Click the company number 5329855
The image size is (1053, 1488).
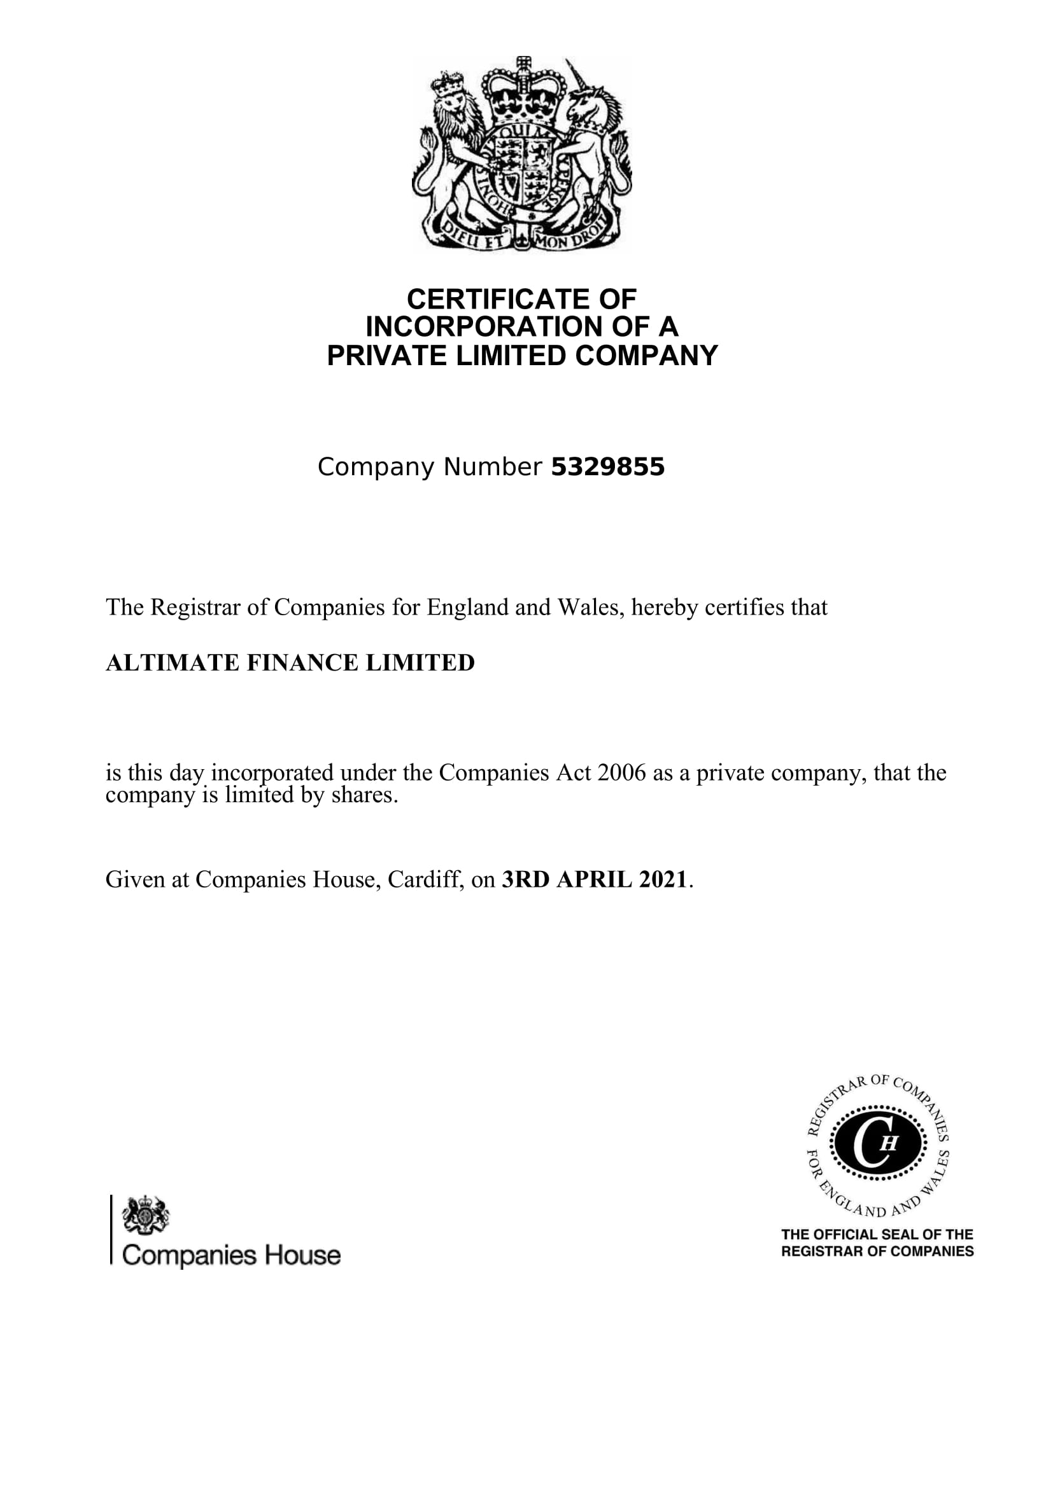click(607, 468)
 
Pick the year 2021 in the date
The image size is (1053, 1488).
click(662, 879)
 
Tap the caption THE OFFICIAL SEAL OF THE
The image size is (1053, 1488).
click(877, 1235)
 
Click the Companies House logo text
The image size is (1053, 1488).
click(231, 1256)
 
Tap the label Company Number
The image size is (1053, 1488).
click(429, 468)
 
